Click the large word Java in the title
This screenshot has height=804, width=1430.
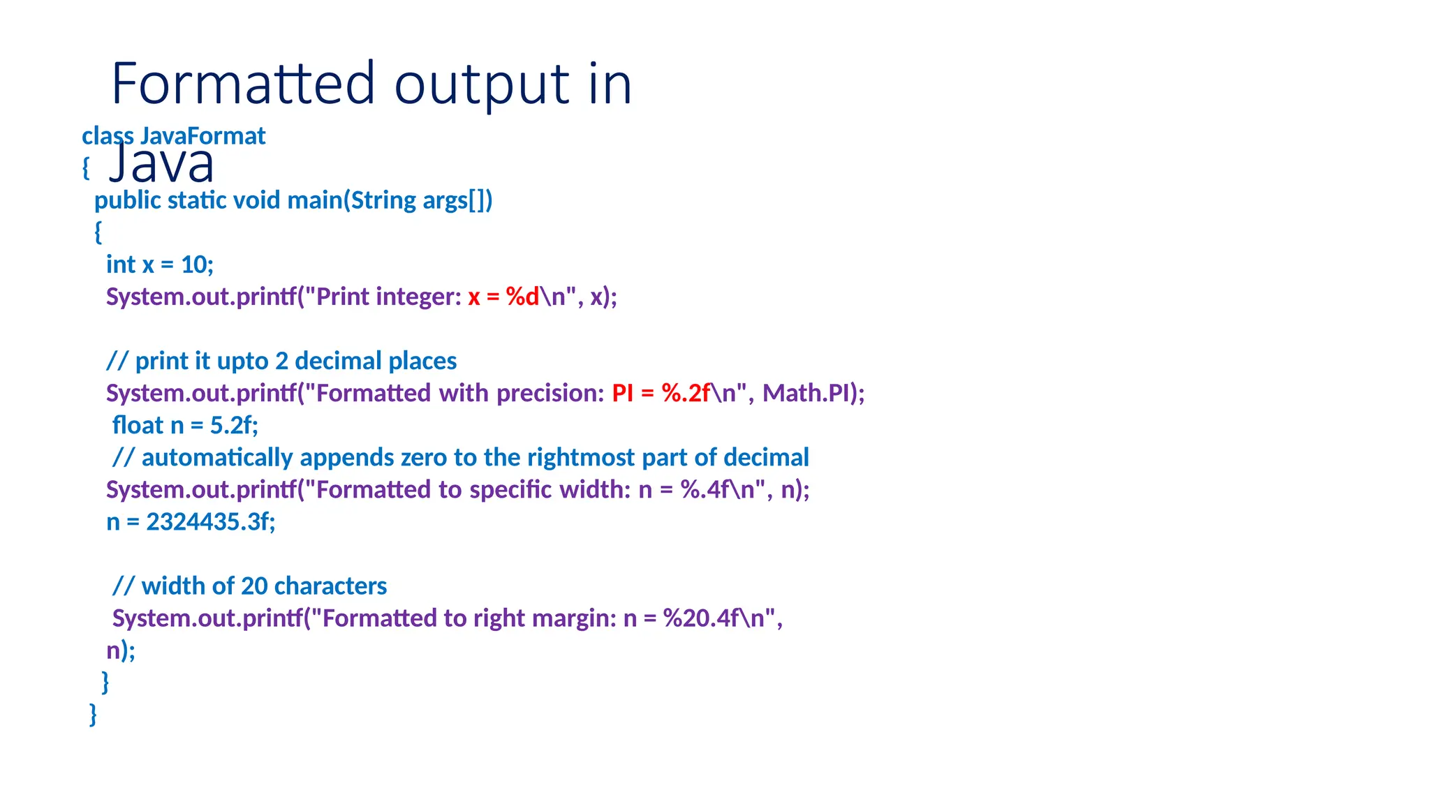tap(162, 163)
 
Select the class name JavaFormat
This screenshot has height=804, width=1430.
tap(202, 136)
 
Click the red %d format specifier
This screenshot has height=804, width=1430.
tap(522, 297)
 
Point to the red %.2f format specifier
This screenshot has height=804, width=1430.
tap(686, 393)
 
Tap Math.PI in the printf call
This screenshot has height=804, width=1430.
tap(805, 393)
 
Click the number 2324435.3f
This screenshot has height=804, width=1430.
tap(210, 521)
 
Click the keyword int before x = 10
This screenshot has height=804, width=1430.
tap(120, 265)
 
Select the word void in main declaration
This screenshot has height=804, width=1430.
tap(256, 200)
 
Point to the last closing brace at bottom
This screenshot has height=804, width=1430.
tap(93, 714)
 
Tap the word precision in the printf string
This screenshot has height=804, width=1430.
tap(550, 393)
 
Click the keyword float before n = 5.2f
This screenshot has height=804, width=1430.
tap(137, 425)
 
